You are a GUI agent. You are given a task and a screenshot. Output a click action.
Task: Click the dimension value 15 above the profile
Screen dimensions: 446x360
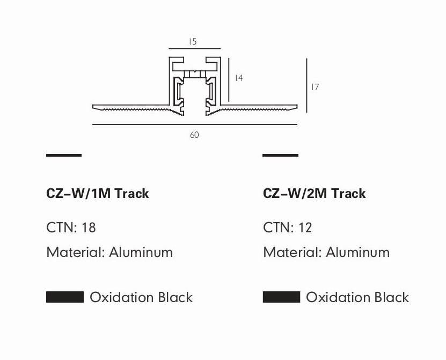click(x=193, y=41)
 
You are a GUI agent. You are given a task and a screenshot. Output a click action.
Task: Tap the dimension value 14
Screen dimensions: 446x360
click(x=239, y=78)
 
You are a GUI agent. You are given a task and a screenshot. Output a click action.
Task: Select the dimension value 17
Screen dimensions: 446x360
click(x=315, y=87)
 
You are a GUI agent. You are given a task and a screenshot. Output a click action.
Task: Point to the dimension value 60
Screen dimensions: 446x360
click(x=194, y=135)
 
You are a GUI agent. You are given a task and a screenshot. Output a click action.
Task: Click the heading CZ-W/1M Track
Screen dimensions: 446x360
click(x=97, y=193)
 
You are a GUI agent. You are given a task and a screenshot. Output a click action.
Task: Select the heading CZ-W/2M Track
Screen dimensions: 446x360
click(x=315, y=193)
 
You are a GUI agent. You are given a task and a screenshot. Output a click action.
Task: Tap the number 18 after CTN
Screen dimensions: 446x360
click(x=89, y=227)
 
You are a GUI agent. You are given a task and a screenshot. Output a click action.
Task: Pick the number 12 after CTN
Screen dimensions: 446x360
click(x=305, y=227)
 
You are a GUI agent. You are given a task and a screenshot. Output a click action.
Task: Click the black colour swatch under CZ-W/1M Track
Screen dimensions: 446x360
click(x=65, y=297)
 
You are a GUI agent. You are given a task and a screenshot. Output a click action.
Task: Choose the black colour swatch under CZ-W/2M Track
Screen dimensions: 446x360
click(x=281, y=297)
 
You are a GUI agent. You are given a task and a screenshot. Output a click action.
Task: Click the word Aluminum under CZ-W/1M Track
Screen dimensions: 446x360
click(x=141, y=252)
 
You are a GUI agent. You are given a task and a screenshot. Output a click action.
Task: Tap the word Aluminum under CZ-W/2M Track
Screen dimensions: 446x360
click(x=358, y=252)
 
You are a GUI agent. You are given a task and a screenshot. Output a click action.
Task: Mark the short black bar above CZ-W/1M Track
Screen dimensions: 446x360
click(x=64, y=155)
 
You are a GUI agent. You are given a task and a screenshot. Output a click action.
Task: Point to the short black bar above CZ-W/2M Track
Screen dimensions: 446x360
click(x=280, y=155)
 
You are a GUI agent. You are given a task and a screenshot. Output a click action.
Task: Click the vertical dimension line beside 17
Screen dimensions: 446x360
click(x=306, y=86)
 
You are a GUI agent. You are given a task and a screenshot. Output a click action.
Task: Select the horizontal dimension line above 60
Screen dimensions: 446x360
click(x=195, y=124)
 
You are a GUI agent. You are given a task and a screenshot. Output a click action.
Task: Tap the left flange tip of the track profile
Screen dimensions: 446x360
click(x=93, y=107)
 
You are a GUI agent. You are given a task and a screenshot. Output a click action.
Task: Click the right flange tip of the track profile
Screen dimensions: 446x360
click(x=297, y=107)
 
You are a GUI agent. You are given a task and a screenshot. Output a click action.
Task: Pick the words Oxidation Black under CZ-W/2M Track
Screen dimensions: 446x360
click(x=357, y=297)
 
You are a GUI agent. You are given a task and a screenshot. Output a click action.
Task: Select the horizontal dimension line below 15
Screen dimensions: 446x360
click(x=195, y=49)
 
